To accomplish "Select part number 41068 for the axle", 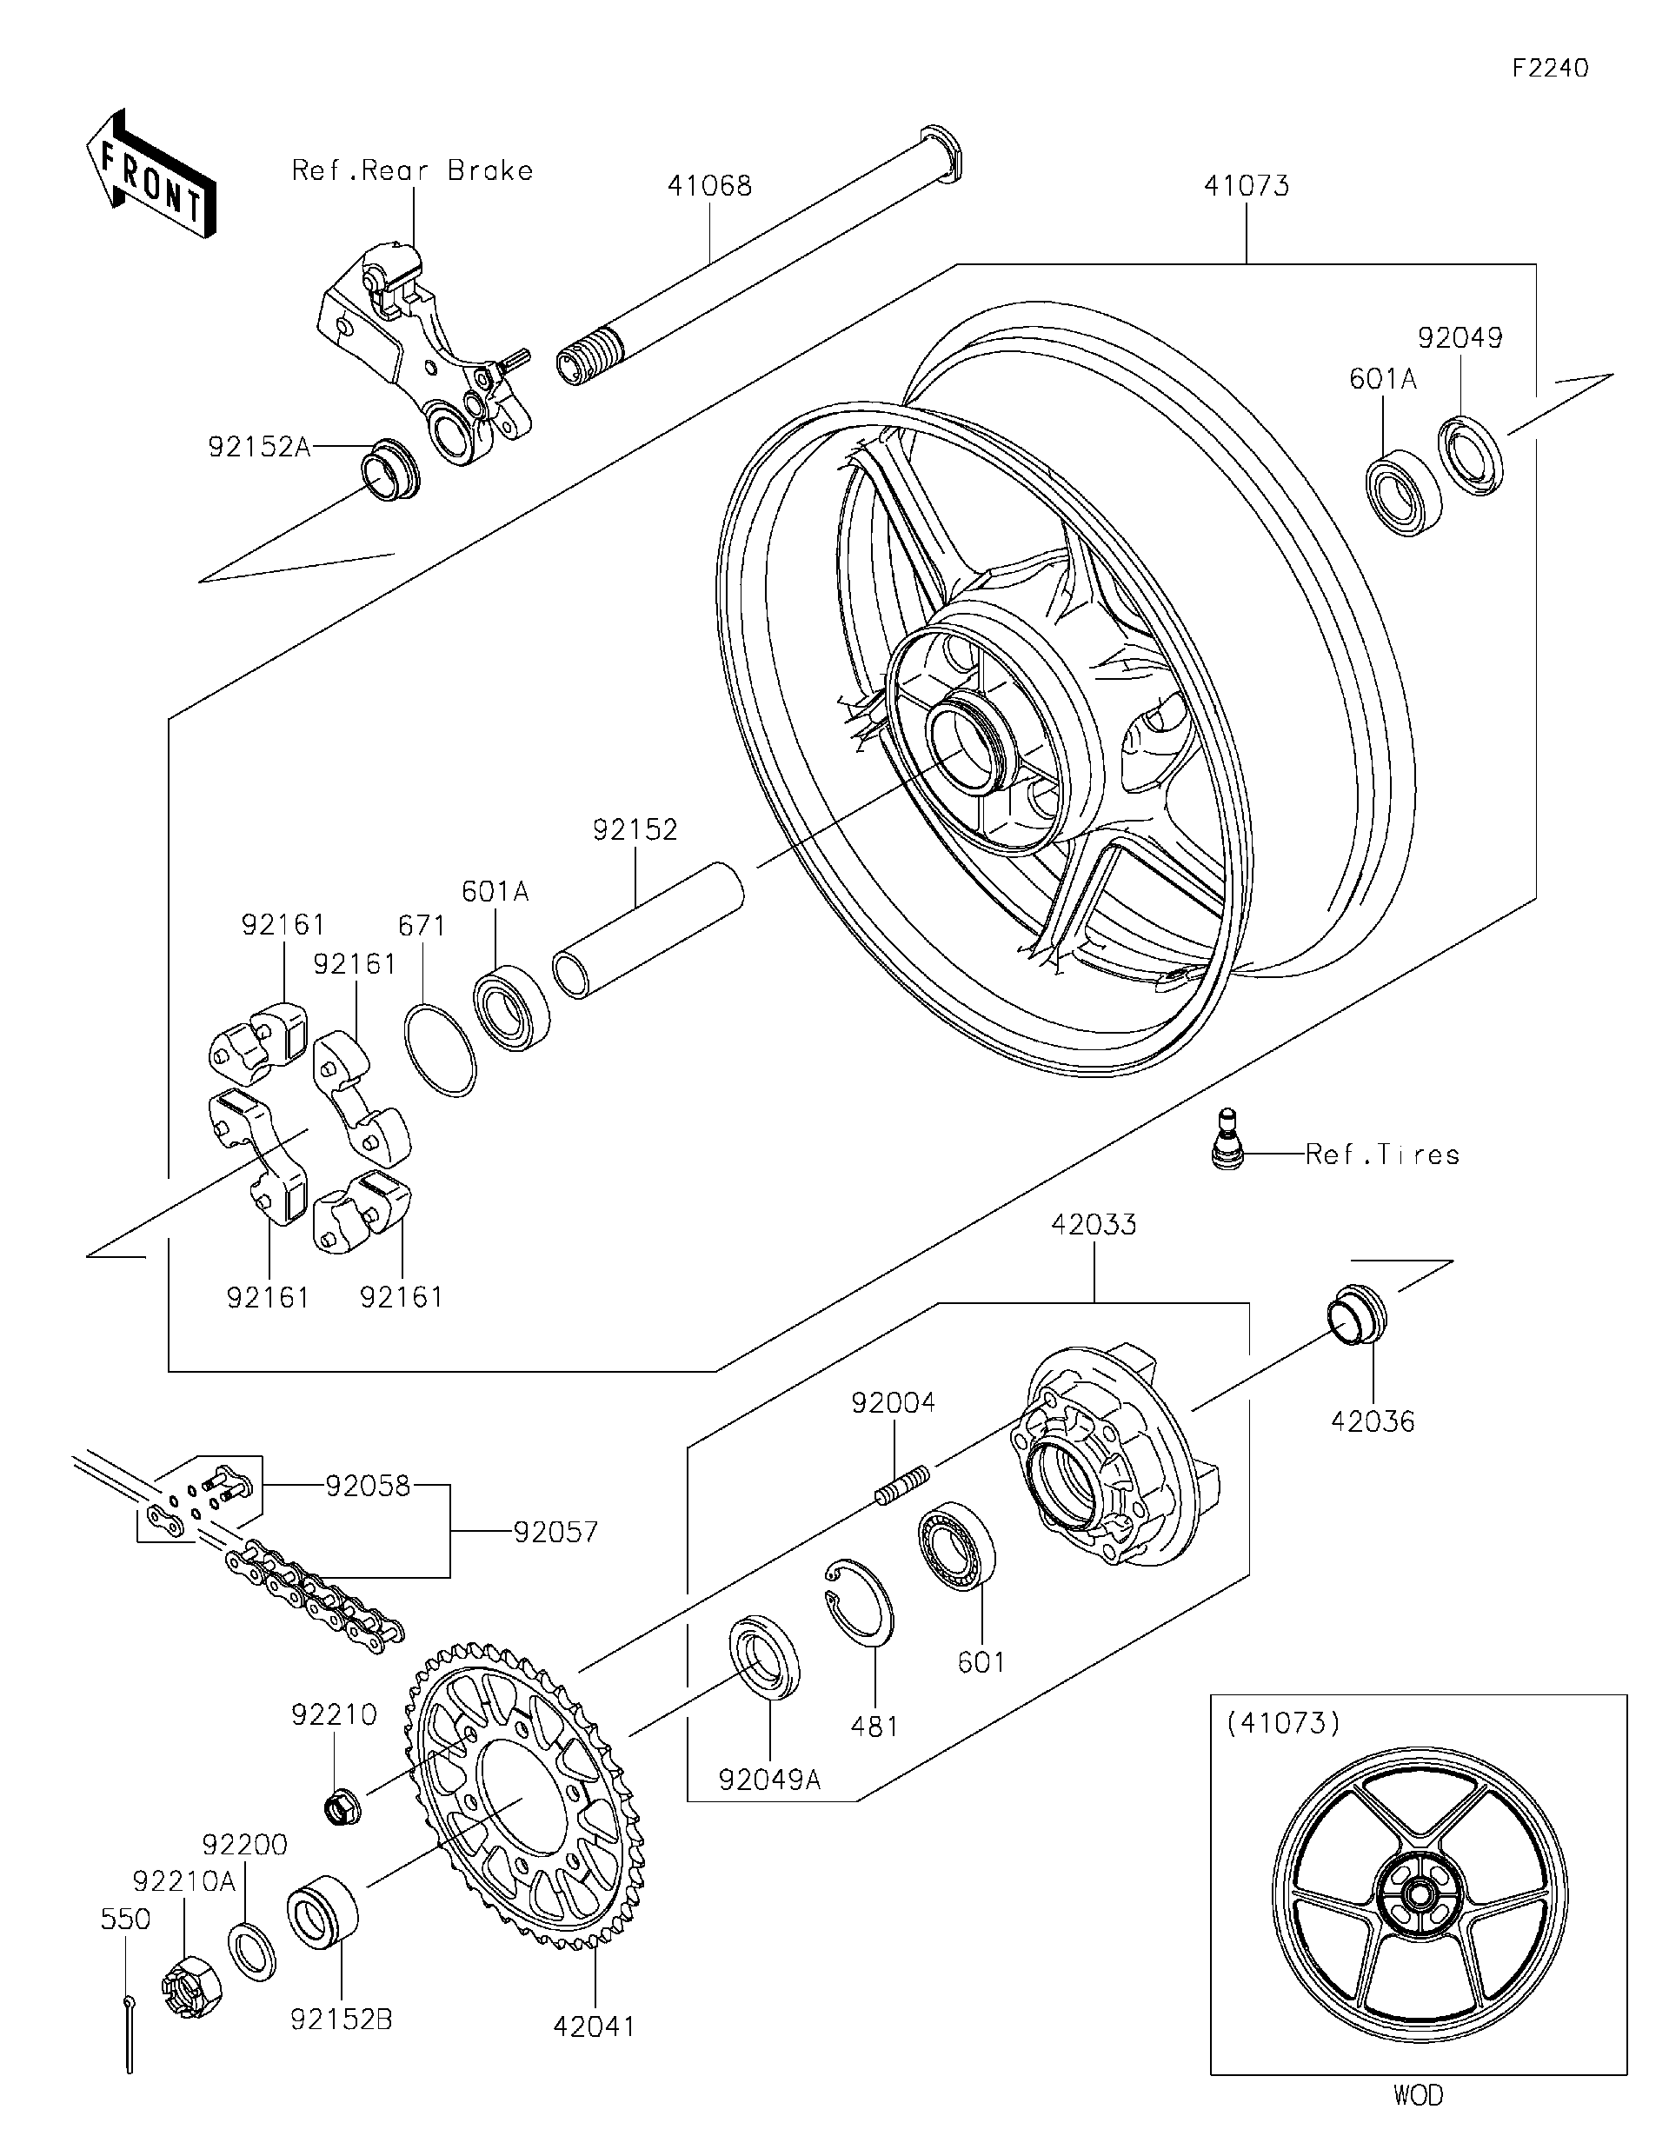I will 708,185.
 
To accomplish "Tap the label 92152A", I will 258,447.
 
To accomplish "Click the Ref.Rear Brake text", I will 413,170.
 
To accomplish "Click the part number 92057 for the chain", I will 555,1532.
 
